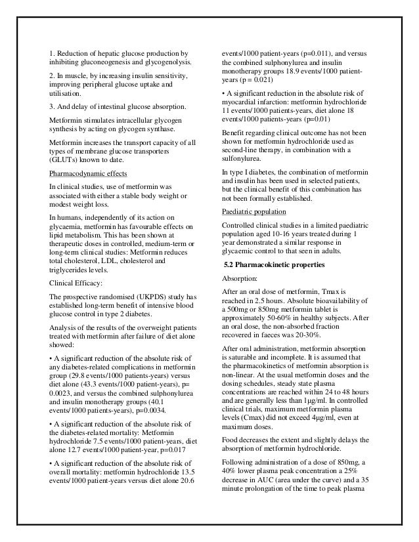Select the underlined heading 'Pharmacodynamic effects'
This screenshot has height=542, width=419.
88,174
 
